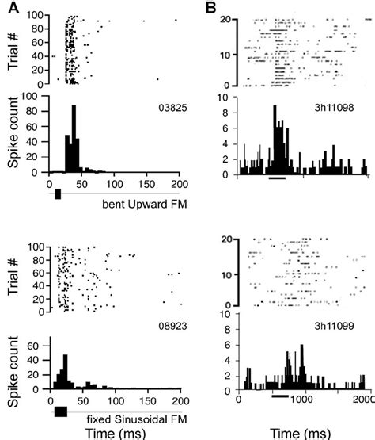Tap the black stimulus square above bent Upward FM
(x=57, y=194)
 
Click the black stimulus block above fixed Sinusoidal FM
(x=60, y=411)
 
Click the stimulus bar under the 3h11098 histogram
(x=276, y=178)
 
